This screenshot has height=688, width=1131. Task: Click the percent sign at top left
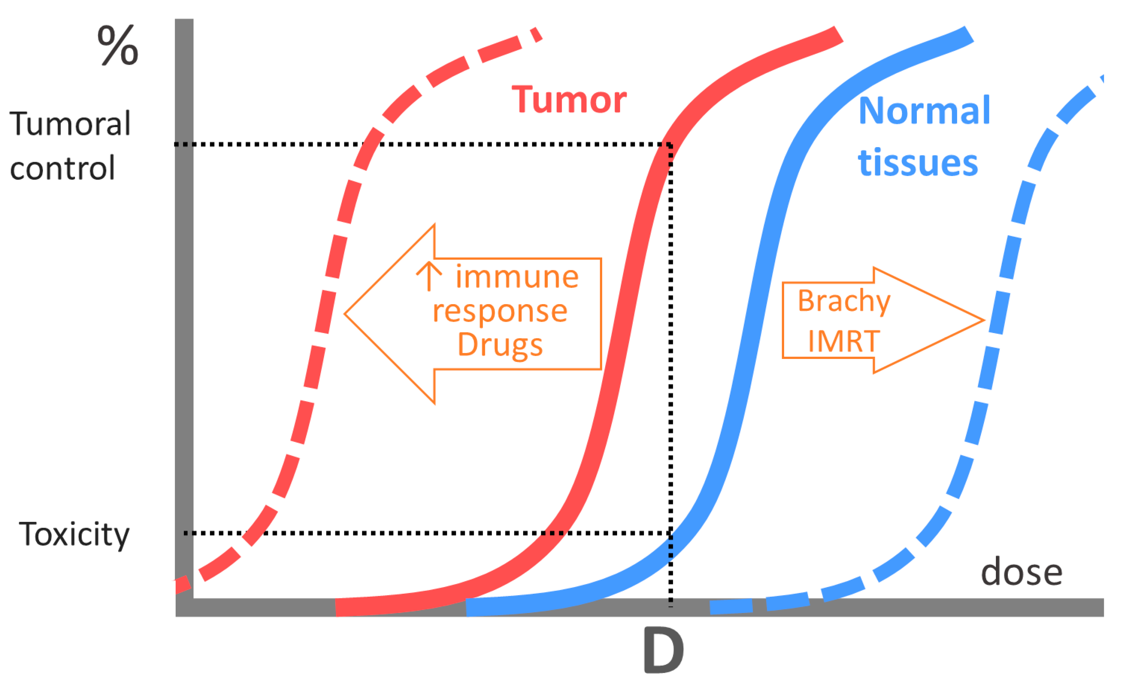118,45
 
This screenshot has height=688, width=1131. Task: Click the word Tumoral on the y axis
70,124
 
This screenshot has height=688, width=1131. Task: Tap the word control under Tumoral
62,168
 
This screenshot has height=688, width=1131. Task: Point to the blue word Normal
924,111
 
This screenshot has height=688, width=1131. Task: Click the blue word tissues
918,163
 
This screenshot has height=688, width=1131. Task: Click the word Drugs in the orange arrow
500,344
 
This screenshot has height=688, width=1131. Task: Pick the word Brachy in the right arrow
844,301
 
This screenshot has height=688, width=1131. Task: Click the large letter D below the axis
664,650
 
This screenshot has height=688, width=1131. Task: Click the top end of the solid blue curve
966,35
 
